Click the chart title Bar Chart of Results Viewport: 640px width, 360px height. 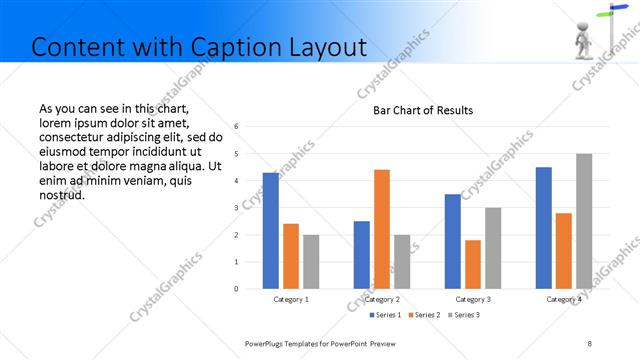click(x=423, y=110)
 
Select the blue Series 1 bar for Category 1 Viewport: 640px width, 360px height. click(x=270, y=231)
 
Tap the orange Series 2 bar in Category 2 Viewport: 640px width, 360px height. click(x=382, y=229)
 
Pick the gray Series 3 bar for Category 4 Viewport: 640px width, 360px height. click(x=584, y=221)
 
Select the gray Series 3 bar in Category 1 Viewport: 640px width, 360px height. click(x=311, y=262)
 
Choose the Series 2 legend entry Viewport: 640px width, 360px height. click(x=426, y=315)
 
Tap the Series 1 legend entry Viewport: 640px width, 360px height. click(x=385, y=315)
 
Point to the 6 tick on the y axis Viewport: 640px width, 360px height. click(x=235, y=127)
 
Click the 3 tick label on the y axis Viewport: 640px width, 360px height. click(x=235, y=208)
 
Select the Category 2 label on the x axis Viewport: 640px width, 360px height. click(x=382, y=299)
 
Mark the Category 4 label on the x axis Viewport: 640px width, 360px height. click(x=564, y=299)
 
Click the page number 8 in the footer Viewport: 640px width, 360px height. click(x=589, y=343)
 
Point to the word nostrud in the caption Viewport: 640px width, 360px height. click(x=60, y=194)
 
